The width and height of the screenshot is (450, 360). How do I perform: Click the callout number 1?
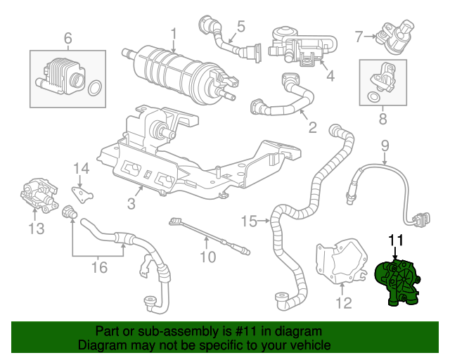174,32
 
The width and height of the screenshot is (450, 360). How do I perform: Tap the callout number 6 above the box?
68,37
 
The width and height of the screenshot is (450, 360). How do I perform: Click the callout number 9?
385,146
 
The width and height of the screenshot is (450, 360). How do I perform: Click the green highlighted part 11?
399,284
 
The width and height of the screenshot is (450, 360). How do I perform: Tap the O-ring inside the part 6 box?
96,88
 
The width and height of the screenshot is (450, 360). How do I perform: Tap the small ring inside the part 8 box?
371,96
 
